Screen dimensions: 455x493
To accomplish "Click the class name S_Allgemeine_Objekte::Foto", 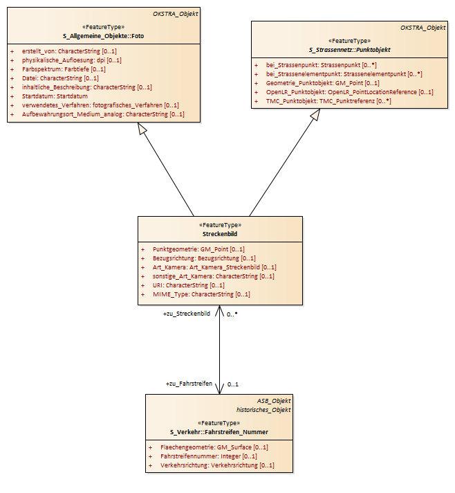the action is (x=103, y=36).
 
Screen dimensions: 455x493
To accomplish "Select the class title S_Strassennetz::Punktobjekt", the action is (x=349, y=50).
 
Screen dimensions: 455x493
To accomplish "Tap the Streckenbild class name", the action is (x=220, y=234).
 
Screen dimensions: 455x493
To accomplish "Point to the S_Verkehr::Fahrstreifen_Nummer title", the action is (x=219, y=432).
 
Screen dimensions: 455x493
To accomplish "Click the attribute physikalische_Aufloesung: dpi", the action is (x=72, y=60).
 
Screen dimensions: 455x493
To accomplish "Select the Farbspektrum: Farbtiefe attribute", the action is (x=64, y=69).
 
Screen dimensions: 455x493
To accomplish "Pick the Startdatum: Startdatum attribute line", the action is (x=55, y=96).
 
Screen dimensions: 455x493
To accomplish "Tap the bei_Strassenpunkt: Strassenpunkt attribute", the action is (x=322, y=65).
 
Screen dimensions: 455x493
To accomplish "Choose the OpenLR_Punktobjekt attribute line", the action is (x=349, y=92).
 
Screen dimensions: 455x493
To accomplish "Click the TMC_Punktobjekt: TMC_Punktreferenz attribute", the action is (x=328, y=101).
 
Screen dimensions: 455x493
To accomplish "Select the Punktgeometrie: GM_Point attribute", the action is (x=198, y=249).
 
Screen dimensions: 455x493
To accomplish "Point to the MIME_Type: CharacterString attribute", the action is (x=201, y=294).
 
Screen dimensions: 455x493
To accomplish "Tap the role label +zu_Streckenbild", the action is (x=187, y=314).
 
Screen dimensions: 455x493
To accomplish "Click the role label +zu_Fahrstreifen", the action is (x=189, y=384).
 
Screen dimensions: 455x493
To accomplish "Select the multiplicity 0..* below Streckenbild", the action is (x=232, y=314).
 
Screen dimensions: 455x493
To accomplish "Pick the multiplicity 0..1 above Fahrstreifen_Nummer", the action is (x=232, y=384).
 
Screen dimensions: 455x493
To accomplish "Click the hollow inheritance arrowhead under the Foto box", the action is (x=142, y=128).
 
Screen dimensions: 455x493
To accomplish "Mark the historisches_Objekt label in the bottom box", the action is (x=263, y=410).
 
